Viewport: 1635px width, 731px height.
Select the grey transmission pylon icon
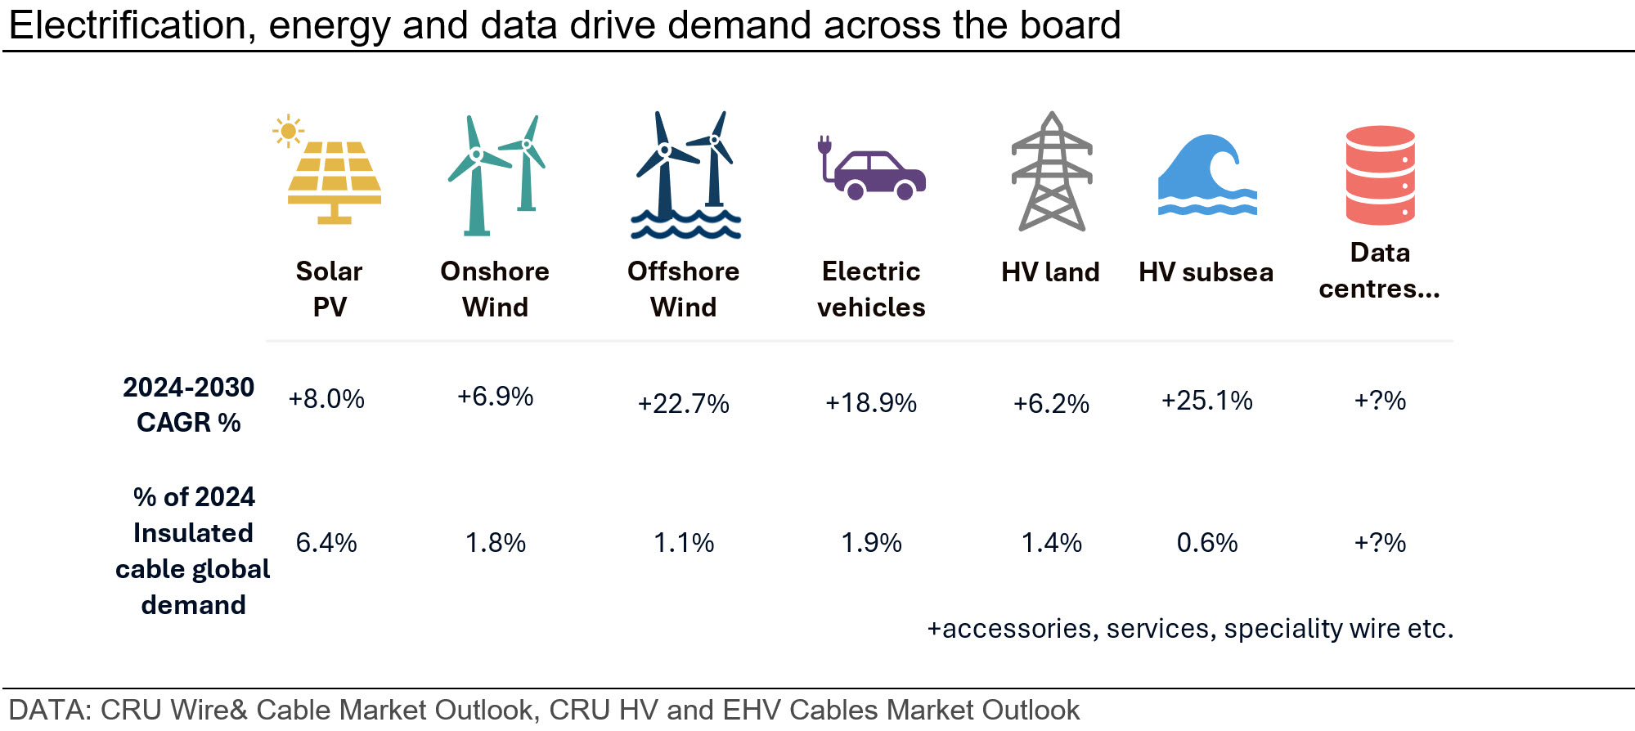pyautogui.click(x=1052, y=172)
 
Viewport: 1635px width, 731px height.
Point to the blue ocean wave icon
pyautogui.click(x=1207, y=175)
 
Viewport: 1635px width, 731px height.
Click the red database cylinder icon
pyautogui.click(x=1381, y=175)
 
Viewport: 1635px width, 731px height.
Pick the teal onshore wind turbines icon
pyautogui.click(x=496, y=175)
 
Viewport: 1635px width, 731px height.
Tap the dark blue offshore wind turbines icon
pyautogui.click(x=685, y=175)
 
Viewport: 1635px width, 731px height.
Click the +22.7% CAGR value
pyautogui.click(x=684, y=403)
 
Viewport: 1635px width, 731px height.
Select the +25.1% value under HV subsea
pyautogui.click(x=1207, y=400)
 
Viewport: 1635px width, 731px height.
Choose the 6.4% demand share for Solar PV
pyautogui.click(x=326, y=542)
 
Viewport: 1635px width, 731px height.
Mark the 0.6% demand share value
pyautogui.click(x=1207, y=542)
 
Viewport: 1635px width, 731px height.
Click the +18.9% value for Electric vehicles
pyautogui.click(x=871, y=402)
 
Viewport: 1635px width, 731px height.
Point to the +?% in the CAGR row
pyautogui.click(x=1380, y=400)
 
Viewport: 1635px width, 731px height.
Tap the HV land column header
pyautogui.click(x=1051, y=271)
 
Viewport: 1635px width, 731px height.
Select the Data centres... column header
pyautogui.click(x=1380, y=270)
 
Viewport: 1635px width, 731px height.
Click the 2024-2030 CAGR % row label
pyautogui.click(x=189, y=404)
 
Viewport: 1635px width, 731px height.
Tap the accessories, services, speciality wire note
pyautogui.click(x=1190, y=628)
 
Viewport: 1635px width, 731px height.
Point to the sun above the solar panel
pyautogui.click(x=288, y=131)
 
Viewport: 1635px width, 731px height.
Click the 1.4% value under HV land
pyautogui.click(x=1052, y=542)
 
